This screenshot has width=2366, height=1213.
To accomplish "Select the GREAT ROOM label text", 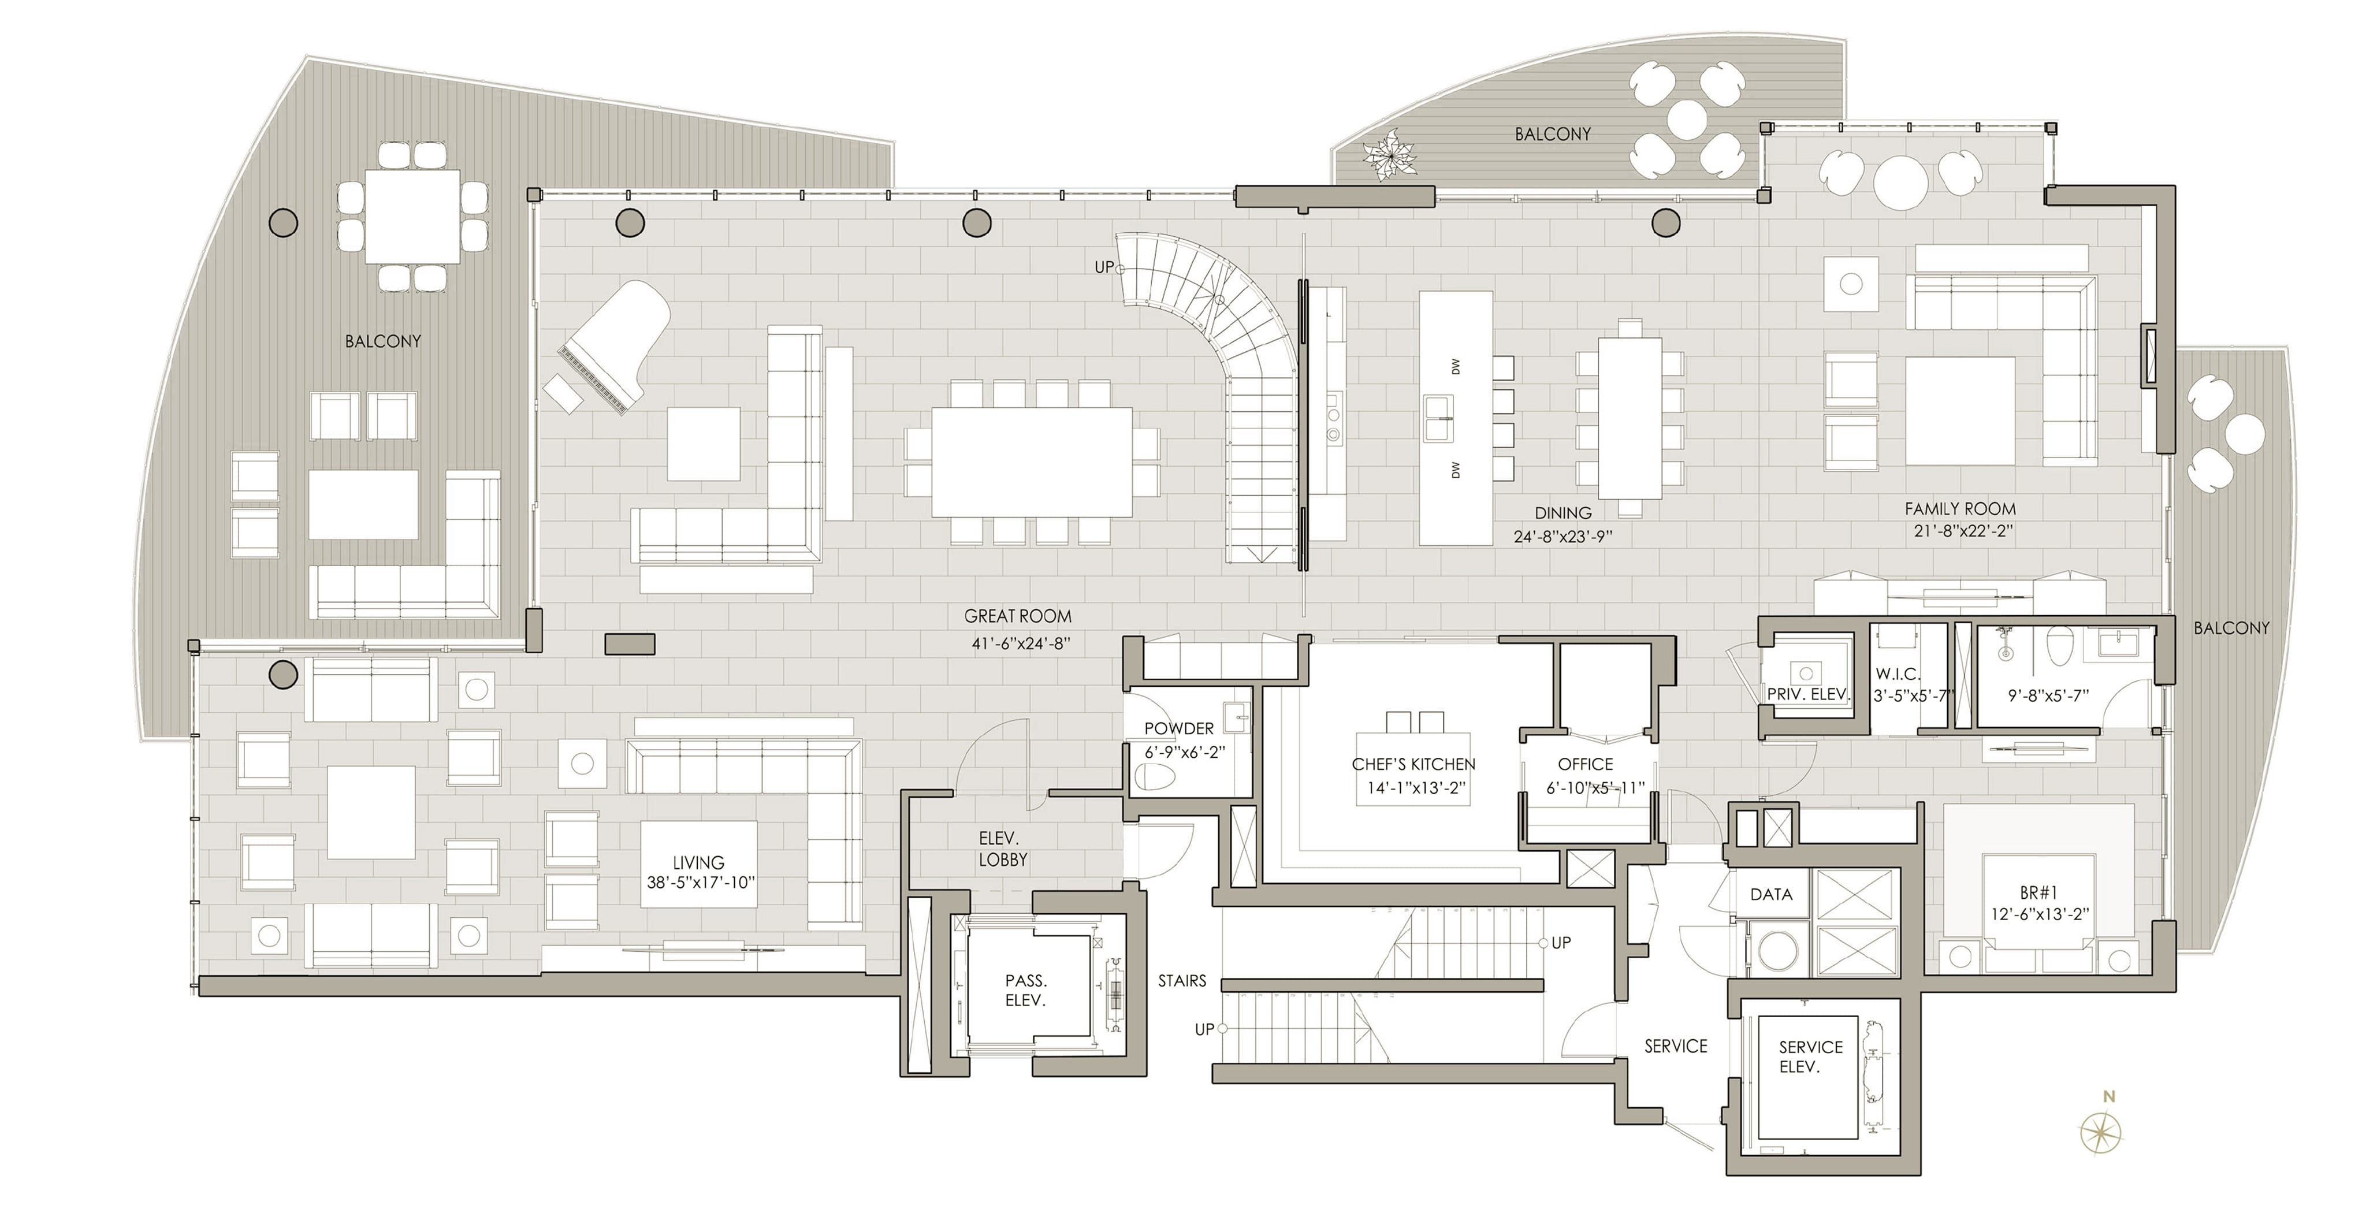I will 1018,616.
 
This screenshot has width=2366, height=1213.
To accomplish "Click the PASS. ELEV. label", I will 1025,991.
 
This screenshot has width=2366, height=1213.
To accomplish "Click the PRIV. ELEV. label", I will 1807,694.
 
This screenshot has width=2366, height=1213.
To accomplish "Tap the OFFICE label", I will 1585,764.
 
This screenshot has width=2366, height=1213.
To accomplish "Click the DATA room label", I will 1771,894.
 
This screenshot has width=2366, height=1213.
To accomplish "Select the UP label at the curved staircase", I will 1103,267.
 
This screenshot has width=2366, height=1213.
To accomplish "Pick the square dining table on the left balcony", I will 412,216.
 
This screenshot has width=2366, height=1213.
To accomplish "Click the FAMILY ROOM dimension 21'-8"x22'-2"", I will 1959,531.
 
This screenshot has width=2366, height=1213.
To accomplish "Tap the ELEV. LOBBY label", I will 1002,849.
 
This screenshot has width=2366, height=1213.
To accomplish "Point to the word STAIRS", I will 1181,981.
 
